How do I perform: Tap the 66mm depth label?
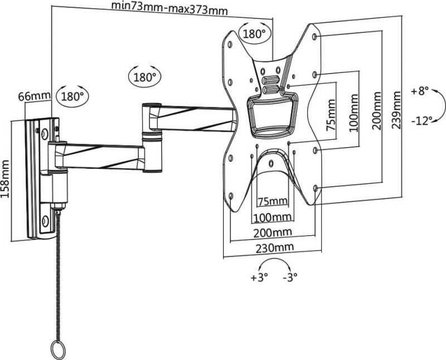pyautogui.click(x=35, y=96)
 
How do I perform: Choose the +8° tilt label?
pyautogui.click(x=421, y=91)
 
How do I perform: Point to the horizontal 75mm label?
pyautogui.click(x=272, y=201)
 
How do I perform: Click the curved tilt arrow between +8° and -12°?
pyautogui.click(x=439, y=105)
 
